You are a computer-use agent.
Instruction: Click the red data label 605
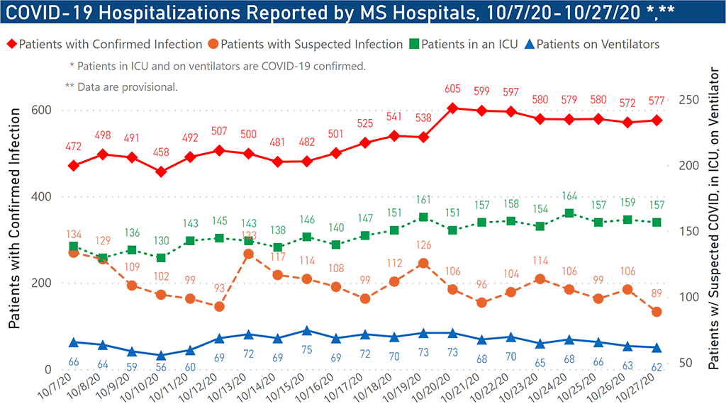(x=452, y=89)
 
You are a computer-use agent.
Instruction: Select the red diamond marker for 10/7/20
(x=74, y=166)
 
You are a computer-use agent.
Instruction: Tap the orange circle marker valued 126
(x=423, y=264)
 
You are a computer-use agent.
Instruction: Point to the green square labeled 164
(x=569, y=213)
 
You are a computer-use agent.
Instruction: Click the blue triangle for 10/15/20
(x=306, y=331)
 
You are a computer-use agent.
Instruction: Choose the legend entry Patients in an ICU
(x=462, y=44)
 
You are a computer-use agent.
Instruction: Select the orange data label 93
(x=219, y=288)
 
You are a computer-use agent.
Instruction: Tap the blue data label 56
(x=161, y=368)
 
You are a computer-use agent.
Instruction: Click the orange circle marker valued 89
(x=657, y=312)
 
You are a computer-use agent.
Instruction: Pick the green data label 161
(x=423, y=200)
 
